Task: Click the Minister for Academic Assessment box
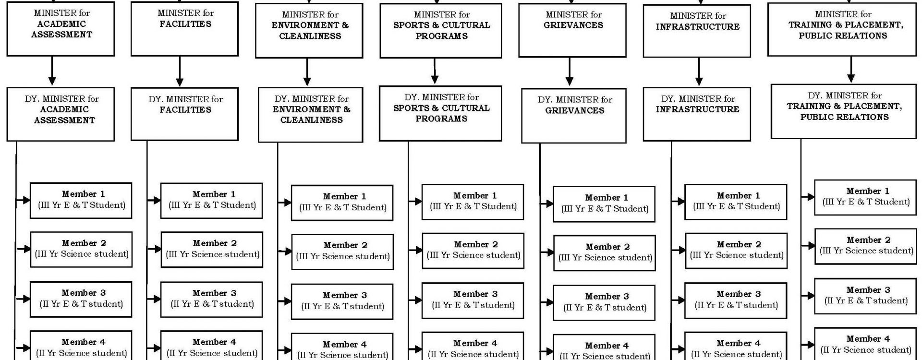tap(61, 29)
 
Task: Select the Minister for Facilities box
tap(184, 29)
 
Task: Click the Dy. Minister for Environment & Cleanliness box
tap(311, 115)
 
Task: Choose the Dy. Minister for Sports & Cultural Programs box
tap(441, 113)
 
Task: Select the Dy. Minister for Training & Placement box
tap(844, 111)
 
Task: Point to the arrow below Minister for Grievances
tap(569, 72)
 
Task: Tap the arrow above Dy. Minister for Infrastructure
tap(699, 72)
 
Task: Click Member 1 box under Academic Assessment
tap(81, 200)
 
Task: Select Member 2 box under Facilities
tap(212, 250)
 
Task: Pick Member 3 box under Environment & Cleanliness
tap(342, 301)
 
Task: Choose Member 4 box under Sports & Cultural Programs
tap(473, 348)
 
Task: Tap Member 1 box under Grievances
tap(604, 204)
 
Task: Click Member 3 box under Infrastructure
tap(736, 300)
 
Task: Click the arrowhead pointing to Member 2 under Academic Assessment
tap(26, 249)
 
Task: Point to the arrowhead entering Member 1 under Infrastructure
tap(680, 202)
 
